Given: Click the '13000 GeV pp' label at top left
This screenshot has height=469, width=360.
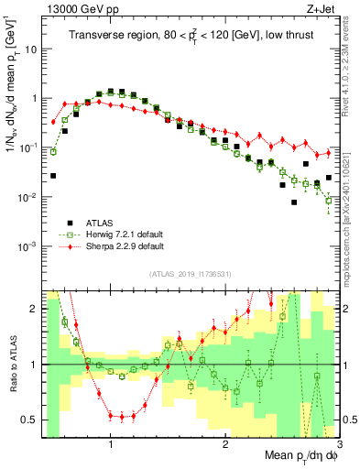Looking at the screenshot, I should coord(77,8).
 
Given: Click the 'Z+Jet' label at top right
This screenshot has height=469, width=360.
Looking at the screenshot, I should coord(320,8).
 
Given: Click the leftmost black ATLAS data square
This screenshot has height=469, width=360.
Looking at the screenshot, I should coord(53,175).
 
